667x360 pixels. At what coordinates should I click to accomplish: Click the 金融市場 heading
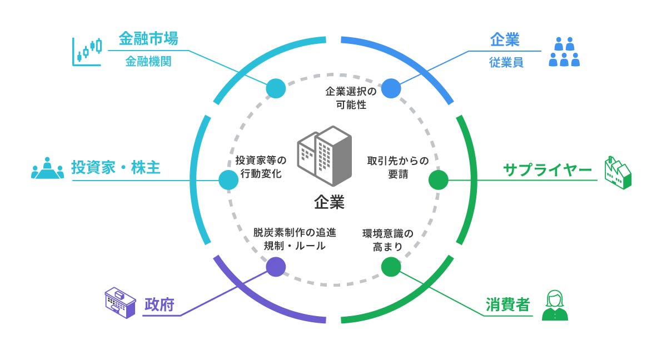pyautogui.click(x=148, y=40)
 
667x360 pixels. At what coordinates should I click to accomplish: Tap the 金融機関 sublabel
pyautogui.click(x=148, y=61)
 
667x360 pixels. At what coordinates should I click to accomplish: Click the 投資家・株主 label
pyautogui.click(x=116, y=167)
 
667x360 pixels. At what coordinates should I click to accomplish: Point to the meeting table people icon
pyautogui.click(x=47, y=169)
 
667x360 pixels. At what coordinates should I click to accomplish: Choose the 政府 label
pyautogui.click(x=160, y=304)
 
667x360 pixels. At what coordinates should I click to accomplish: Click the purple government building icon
pyautogui.click(x=120, y=303)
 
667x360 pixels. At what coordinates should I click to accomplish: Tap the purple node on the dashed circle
pyautogui.click(x=276, y=267)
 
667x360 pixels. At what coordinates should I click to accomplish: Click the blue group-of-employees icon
pyautogui.click(x=564, y=52)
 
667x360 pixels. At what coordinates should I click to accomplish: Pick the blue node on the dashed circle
pyautogui.click(x=391, y=88)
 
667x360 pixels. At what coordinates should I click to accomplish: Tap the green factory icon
pyautogui.click(x=618, y=173)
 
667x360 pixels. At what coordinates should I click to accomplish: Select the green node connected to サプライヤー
pyautogui.click(x=438, y=180)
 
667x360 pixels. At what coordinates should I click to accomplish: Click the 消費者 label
pyautogui.click(x=507, y=305)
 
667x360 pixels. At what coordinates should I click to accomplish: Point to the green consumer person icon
pyautogui.click(x=555, y=306)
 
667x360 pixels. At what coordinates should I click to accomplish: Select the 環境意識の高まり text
pyautogui.click(x=388, y=240)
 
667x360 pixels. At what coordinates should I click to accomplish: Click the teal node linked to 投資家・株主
pyautogui.click(x=228, y=180)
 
